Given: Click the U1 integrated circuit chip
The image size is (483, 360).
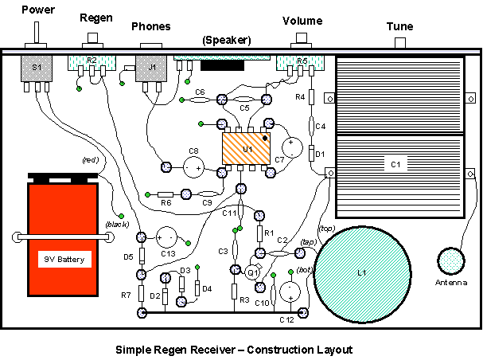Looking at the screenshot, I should click(x=247, y=148).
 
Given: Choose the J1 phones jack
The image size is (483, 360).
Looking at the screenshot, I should click(x=151, y=70).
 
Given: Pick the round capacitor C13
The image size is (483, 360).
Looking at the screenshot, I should click(x=168, y=237).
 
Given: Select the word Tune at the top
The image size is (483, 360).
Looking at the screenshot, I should click(x=399, y=26).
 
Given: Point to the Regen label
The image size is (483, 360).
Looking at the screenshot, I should click(x=96, y=17).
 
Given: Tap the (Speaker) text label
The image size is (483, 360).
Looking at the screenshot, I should click(x=227, y=39).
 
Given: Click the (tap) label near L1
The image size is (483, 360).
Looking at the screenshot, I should click(x=308, y=241).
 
